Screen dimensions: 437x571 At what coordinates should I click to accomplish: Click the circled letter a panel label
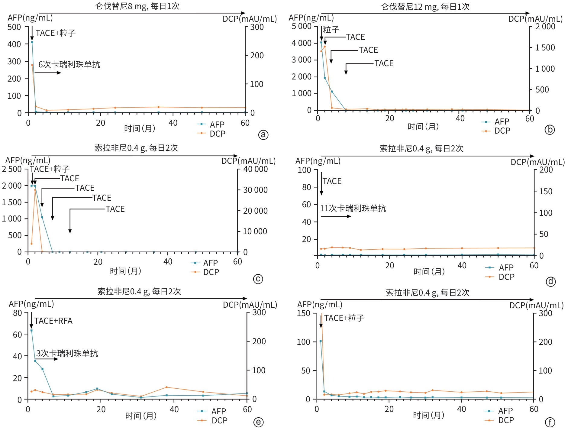point(263,134)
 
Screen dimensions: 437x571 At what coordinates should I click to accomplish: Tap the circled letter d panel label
point(550,282)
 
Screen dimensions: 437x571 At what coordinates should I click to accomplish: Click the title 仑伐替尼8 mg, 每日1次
point(137,6)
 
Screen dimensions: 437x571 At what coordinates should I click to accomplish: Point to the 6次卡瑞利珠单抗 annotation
point(69,64)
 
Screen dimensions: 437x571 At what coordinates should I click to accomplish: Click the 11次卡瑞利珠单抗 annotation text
point(353,208)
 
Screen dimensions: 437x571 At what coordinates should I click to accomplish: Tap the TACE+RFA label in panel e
point(53,321)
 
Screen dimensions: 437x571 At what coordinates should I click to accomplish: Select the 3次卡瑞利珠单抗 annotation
point(67,353)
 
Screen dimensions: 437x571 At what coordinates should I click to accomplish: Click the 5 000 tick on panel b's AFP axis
point(301,26)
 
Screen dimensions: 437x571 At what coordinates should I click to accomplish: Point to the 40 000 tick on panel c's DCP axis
point(255,169)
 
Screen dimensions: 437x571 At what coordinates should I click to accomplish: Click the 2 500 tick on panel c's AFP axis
point(12,169)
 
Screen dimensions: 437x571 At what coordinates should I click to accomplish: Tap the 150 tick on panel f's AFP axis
point(303,313)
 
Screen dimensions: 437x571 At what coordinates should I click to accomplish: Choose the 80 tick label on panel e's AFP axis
point(18,313)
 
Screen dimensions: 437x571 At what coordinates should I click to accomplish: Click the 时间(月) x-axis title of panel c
point(125,271)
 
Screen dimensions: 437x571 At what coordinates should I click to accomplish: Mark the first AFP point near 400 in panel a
point(32,42)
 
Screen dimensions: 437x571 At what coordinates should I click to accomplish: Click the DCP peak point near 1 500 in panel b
point(325,47)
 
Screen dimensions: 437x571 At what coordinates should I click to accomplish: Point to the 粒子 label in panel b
point(331,30)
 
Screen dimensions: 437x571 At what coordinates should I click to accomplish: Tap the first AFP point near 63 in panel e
point(31,330)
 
